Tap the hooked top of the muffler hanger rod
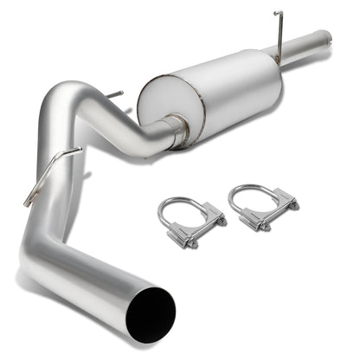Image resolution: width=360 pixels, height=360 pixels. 278,14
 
